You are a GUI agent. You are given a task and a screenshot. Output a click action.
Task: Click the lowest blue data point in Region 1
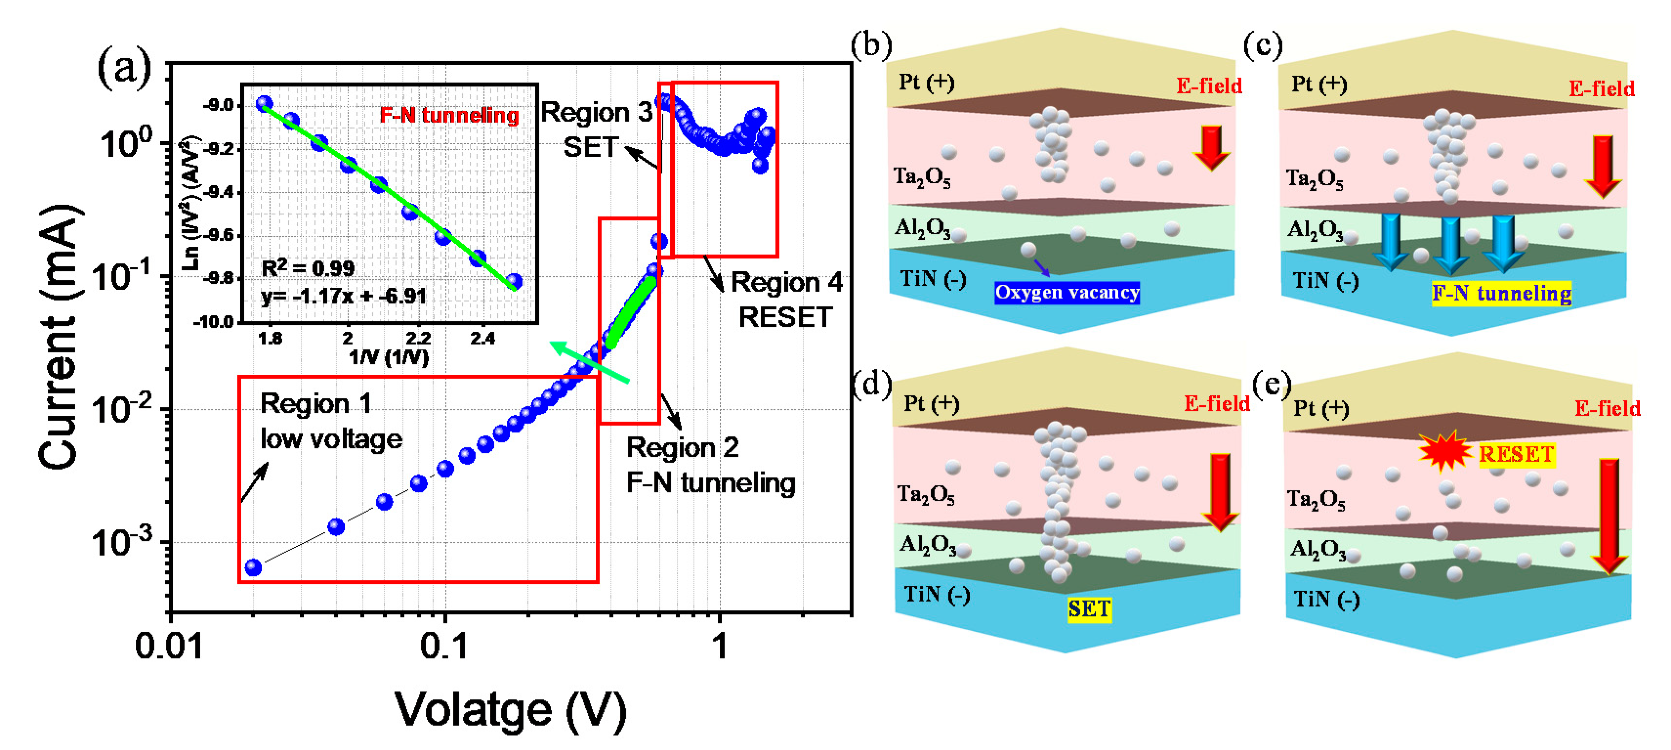coord(253,568)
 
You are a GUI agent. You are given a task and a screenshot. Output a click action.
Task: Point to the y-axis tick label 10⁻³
coord(123,540)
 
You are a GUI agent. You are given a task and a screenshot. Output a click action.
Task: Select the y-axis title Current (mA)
coord(60,337)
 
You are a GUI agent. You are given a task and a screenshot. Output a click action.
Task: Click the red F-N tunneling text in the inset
coord(449,115)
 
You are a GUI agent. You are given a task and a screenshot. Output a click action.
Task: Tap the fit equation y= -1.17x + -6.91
coord(343,296)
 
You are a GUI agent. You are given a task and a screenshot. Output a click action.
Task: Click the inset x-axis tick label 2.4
coord(482,339)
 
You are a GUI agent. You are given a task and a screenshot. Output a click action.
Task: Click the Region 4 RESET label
coord(786,300)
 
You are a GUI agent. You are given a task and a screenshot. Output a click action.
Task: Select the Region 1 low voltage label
coord(330,421)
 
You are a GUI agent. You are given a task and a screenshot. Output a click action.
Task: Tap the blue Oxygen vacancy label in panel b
coord(1067,293)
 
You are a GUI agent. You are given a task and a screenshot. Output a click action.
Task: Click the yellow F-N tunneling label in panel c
coord(1501,293)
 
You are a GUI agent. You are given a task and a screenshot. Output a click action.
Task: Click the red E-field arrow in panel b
coord(1211,148)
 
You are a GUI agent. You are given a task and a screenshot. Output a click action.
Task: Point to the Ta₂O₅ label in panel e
coord(1316,499)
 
